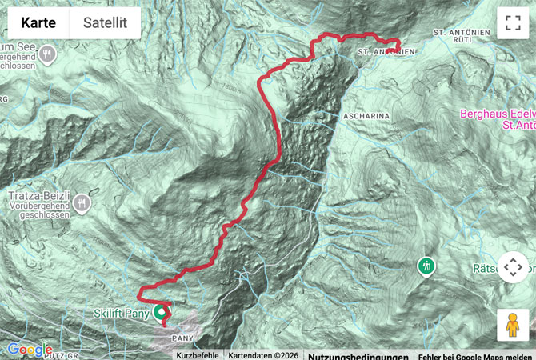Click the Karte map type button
click(38, 23)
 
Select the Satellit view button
click(105, 23)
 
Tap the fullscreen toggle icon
click(512, 23)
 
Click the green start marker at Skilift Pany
click(162, 310)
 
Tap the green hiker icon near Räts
click(427, 265)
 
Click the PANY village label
click(183, 339)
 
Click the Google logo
click(30, 350)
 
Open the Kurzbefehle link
click(197, 355)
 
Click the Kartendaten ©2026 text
click(263, 355)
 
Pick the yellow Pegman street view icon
click(512, 325)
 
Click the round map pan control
click(515, 269)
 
